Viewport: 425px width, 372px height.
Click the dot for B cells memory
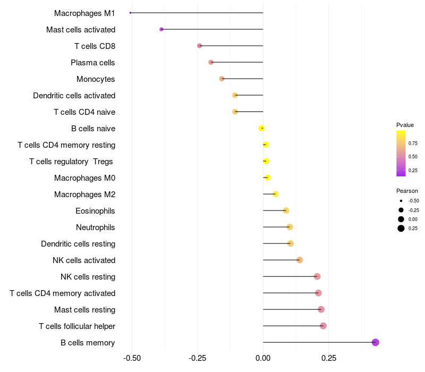click(x=375, y=342)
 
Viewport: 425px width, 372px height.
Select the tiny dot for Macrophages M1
click(x=130, y=13)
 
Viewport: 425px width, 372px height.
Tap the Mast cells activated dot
click(x=161, y=29)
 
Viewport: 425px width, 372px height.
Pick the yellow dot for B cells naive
click(x=261, y=128)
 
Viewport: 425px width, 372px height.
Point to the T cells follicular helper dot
click(x=323, y=326)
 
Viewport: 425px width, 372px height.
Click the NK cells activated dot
click(x=300, y=260)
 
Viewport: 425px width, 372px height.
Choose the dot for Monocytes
click(x=222, y=79)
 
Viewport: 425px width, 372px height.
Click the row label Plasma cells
click(x=93, y=63)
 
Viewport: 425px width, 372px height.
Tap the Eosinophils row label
click(x=95, y=211)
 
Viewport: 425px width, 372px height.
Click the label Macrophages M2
click(x=84, y=195)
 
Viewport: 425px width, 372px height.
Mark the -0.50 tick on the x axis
click(x=132, y=359)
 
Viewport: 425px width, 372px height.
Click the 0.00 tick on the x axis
click(x=263, y=359)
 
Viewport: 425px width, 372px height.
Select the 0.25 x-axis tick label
click(x=329, y=359)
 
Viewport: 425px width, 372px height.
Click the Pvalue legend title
click(x=405, y=125)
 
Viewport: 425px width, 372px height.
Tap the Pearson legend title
click(x=407, y=191)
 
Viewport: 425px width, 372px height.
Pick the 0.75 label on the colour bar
click(x=413, y=143)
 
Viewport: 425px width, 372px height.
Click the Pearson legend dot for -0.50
click(x=401, y=201)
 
